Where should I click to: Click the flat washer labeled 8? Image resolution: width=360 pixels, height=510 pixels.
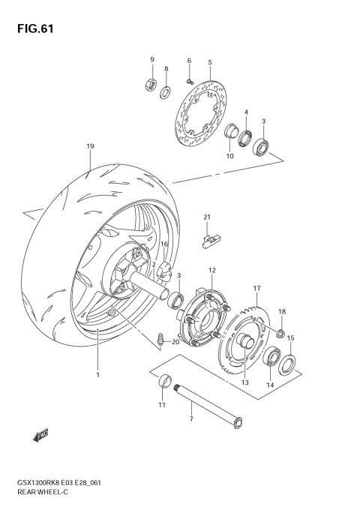tap(165, 93)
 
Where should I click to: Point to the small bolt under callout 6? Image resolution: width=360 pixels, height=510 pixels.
tap(190, 76)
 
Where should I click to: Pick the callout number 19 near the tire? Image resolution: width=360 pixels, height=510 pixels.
tap(89, 146)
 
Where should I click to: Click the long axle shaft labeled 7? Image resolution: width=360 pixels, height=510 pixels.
tap(205, 405)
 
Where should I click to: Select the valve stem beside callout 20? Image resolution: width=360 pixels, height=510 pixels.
tap(159, 342)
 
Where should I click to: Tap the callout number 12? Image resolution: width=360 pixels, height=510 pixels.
tap(212, 270)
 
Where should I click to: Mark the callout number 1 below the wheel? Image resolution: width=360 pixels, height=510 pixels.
tap(97, 374)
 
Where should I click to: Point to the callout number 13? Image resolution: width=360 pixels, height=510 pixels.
tap(244, 382)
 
